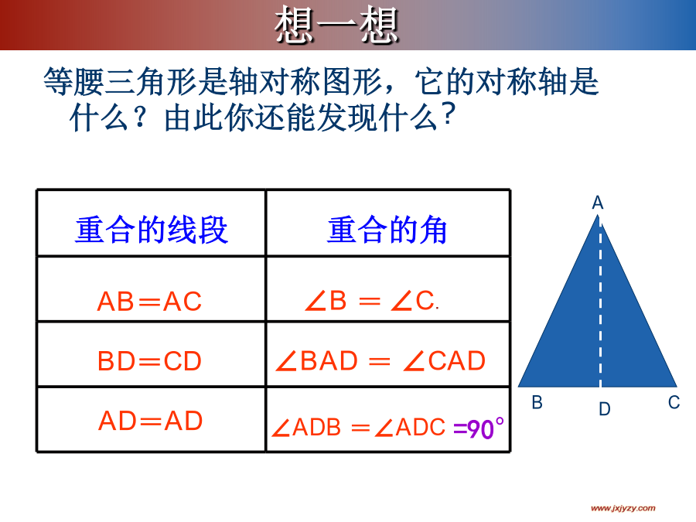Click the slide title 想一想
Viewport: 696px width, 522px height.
(336, 26)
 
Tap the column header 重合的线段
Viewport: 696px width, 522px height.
(152, 230)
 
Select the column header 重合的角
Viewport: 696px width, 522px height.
(387, 230)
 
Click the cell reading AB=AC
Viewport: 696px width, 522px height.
(149, 302)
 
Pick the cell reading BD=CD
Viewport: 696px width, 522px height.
(149, 361)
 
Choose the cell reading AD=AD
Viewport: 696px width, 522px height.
(151, 421)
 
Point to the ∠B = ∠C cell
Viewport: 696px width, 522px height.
(371, 301)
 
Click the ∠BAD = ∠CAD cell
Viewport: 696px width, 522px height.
(380, 360)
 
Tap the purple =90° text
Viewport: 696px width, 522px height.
(479, 428)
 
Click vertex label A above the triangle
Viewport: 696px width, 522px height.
(598, 203)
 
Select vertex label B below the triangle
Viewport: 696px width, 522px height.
(537, 403)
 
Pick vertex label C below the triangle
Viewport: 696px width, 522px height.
(674, 403)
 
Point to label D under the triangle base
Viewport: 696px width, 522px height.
(605, 409)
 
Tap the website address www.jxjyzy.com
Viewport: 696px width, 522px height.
(623, 508)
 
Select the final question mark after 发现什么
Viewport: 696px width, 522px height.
(449, 114)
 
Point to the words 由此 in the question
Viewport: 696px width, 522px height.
(194, 118)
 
